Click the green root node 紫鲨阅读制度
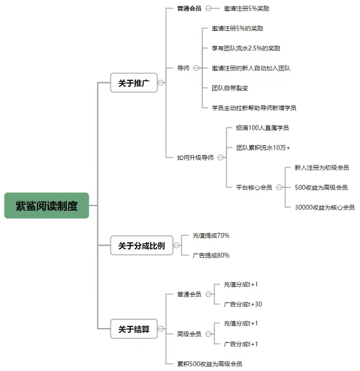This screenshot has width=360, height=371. [47, 206]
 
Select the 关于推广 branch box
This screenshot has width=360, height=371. [133, 83]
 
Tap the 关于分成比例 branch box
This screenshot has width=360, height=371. [141, 246]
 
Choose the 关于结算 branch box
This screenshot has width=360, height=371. [133, 329]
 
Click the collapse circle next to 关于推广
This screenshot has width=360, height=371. [161, 83]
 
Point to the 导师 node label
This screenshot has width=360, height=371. [183, 68]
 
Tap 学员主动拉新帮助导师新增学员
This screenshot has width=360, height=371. [254, 108]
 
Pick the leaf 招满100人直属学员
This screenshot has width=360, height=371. [262, 128]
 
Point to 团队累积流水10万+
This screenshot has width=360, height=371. [263, 148]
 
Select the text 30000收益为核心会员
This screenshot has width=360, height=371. [325, 207]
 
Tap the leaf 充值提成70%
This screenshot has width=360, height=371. [211, 235]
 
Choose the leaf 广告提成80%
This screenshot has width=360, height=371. [211, 255]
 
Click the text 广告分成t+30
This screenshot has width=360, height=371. [243, 304]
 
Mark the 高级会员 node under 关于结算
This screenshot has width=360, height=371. [189, 334]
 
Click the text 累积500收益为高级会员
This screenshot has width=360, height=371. [209, 364]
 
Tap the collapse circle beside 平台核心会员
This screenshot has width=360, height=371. [278, 187]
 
